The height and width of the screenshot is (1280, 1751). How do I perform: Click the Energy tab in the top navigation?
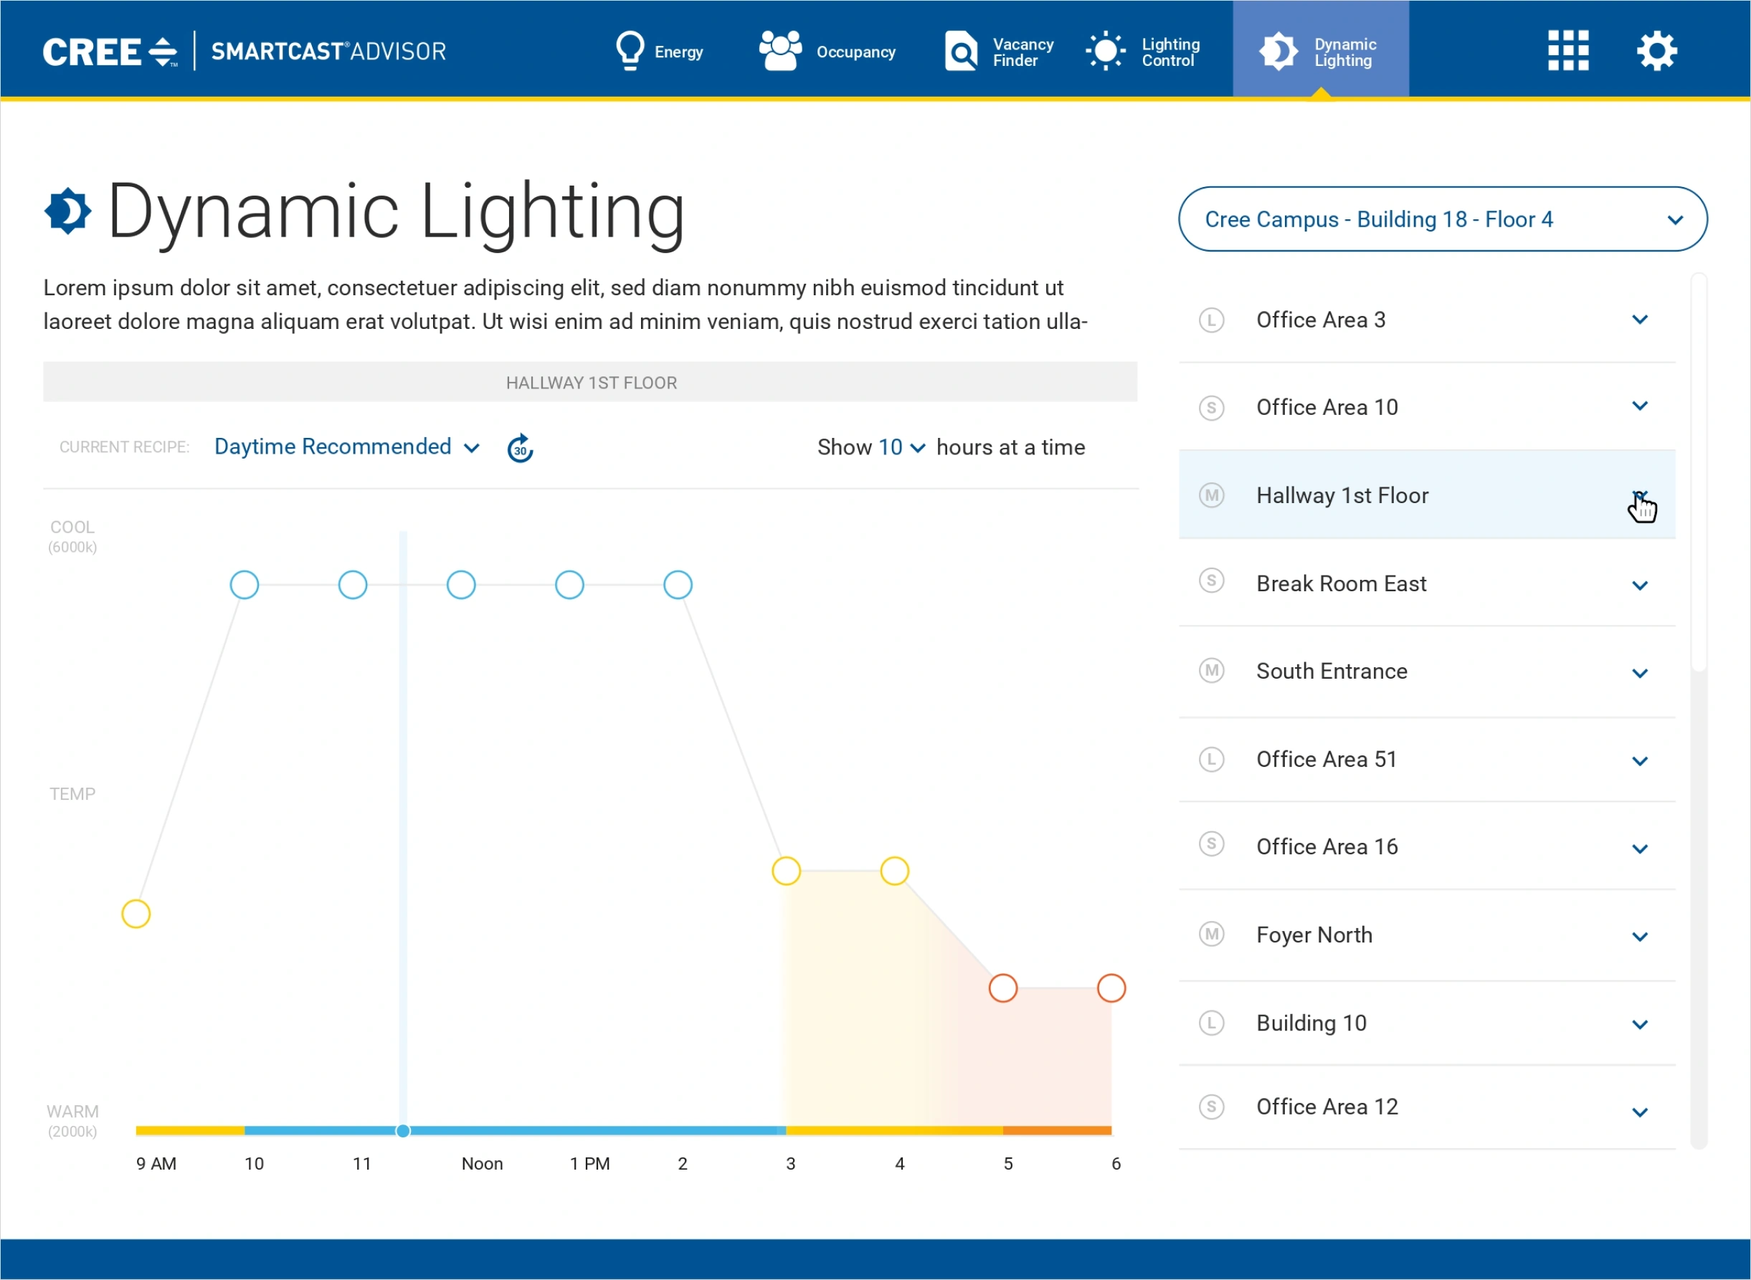[x=660, y=51]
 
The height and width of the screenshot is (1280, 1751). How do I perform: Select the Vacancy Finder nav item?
[x=998, y=51]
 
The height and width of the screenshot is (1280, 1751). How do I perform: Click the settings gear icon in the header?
[x=1656, y=51]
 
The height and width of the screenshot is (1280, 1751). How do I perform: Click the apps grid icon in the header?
[x=1568, y=51]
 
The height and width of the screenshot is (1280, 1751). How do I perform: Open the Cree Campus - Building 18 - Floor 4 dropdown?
[x=1442, y=219]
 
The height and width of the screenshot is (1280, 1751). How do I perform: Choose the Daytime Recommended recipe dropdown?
[x=346, y=447]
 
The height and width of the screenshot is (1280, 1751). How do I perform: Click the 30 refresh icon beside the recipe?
[x=520, y=449]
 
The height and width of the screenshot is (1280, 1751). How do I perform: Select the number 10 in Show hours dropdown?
[x=901, y=448]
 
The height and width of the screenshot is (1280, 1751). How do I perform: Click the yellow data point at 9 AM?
[x=136, y=914]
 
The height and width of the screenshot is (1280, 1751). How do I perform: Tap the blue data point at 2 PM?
[x=678, y=585]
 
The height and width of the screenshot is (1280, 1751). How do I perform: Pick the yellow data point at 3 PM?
[x=786, y=871]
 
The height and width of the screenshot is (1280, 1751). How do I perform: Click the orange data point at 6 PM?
[x=1111, y=988]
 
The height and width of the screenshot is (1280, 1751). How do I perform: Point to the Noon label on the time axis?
[x=481, y=1164]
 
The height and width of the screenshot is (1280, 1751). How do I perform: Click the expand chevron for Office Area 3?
[x=1639, y=320]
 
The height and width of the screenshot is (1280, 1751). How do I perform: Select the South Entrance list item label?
[x=1331, y=672]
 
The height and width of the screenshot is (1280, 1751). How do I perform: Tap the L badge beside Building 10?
[x=1211, y=1023]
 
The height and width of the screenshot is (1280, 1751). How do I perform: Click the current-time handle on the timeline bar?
[x=403, y=1131]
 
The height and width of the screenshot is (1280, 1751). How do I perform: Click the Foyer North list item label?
[x=1314, y=935]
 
